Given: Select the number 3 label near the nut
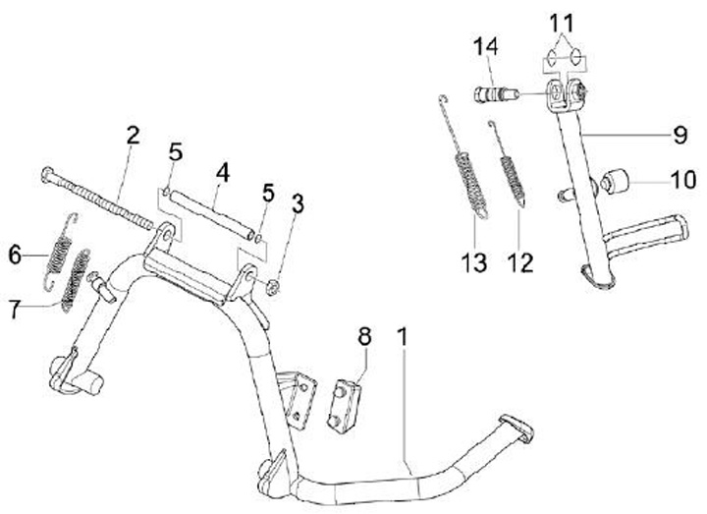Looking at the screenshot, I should pyautogui.click(x=298, y=206).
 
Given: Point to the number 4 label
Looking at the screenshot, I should pyautogui.click(x=223, y=172).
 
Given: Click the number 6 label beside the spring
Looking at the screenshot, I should pyautogui.click(x=15, y=255).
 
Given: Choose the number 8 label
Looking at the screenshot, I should pyautogui.click(x=364, y=337).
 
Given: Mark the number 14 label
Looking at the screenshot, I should pyautogui.click(x=488, y=45).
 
